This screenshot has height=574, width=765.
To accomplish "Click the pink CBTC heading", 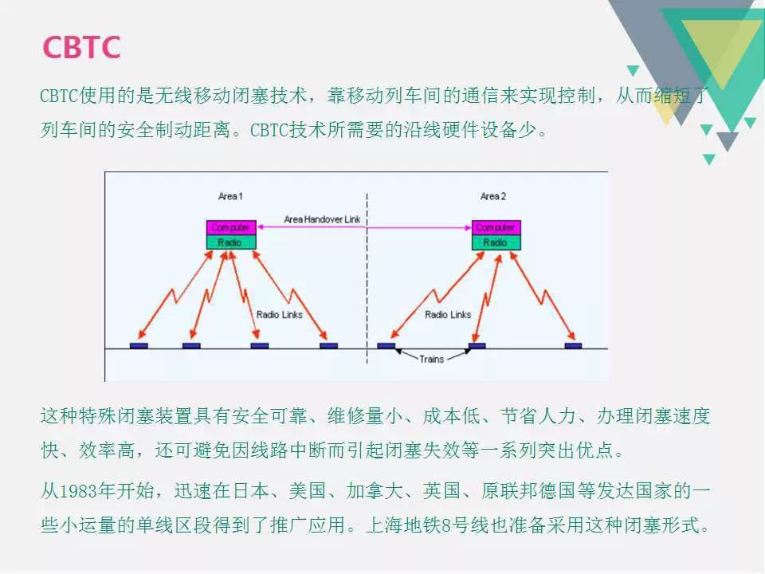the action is point(81,47).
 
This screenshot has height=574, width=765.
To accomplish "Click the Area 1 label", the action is point(230,196).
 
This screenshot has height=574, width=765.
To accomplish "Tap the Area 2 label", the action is point(493,196).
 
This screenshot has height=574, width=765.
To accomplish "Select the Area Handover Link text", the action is point(322,220).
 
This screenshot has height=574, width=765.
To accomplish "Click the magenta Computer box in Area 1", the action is point(231,227).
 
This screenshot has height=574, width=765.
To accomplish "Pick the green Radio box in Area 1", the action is point(231,242).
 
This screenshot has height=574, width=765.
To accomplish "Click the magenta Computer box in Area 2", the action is point(496,227).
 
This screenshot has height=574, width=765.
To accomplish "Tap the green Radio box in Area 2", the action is point(496,242).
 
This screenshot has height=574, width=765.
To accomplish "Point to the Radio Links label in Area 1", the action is point(280,315).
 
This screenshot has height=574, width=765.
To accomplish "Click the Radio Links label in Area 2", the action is point(448,315).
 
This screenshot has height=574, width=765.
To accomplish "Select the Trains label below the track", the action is point(432,360).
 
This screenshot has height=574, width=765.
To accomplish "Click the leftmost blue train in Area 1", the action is point(139,345).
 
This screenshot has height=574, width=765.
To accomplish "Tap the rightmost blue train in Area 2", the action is point(573,345).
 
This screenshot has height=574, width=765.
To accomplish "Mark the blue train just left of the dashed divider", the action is point(329,345).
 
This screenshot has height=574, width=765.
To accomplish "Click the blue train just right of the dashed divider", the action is point(386,345).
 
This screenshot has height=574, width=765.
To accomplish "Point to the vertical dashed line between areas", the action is point(367,278).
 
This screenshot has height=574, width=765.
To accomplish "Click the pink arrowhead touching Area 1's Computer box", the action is point(261,227).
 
